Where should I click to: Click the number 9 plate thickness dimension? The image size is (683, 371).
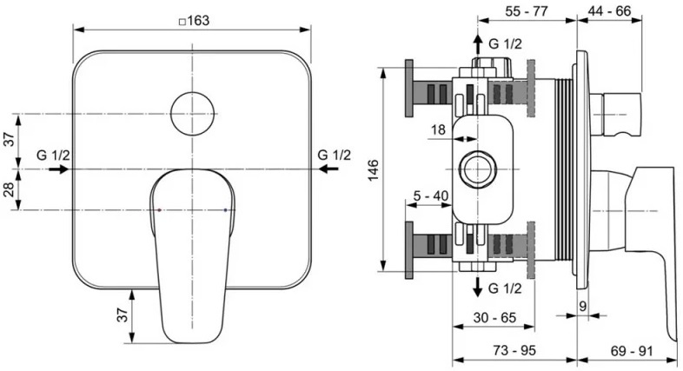click(582, 305)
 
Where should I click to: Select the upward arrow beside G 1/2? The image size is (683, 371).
click(476, 43)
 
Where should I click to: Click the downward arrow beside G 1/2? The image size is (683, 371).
click(476, 288)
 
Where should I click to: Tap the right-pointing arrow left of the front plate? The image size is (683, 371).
click(60, 169)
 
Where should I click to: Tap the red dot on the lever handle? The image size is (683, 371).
click(161, 210)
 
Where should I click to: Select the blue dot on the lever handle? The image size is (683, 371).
click(226, 210)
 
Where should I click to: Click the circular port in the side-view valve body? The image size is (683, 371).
click(476, 168)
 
